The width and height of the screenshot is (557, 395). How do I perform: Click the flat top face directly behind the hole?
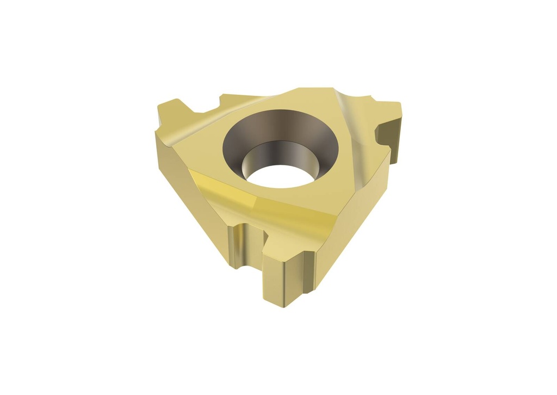(x=294, y=98)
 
